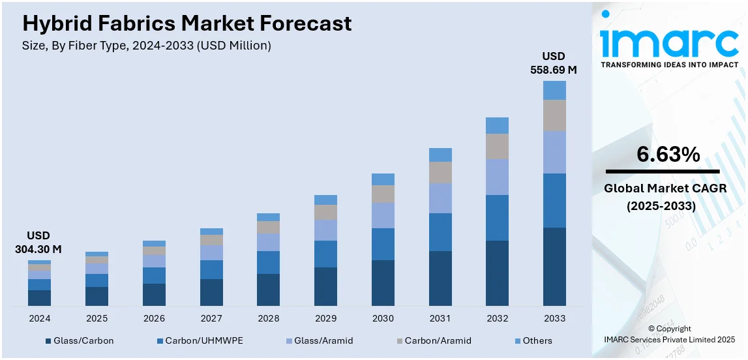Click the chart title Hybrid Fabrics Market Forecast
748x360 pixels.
[187, 23]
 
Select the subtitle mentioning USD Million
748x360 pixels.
[147, 46]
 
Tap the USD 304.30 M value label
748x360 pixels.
[38, 242]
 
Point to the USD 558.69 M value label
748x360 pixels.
[554, 63]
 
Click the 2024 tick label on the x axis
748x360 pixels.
[39, 318]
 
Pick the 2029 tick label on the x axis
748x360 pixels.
[325, 318]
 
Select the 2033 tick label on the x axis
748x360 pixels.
[554, 318]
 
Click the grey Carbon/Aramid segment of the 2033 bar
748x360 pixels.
[554, 115]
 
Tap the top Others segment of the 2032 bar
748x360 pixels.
[497, 125]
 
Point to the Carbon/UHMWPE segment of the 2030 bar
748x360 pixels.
[383, 244]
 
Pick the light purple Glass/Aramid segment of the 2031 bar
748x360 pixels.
[440, 198]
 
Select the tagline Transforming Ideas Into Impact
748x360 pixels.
[669, 65]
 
